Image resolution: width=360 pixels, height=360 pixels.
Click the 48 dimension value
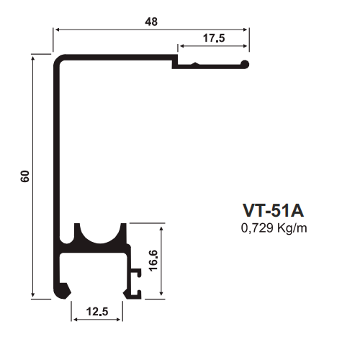(x=151, y=22)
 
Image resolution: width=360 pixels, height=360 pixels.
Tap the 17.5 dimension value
(x=214, y=38)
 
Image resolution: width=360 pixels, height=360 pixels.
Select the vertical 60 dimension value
(x=25, y=176)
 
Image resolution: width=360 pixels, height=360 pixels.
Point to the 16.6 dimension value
(x=153, y=261)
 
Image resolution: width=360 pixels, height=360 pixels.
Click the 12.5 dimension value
(x=97, y=312)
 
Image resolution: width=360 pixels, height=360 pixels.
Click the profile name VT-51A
(x=274, y=210)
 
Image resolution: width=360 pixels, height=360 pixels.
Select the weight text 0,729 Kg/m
(x=274, y=228)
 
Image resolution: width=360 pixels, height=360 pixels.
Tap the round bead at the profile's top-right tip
(x=245, y=64)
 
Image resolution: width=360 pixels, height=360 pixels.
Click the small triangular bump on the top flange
(x=196, y=63)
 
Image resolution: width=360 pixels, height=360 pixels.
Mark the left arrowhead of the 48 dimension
(x=57, y=30)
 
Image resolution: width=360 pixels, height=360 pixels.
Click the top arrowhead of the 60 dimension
(x=33, y=58)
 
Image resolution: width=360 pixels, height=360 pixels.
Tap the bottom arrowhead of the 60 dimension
(x=33, y=294)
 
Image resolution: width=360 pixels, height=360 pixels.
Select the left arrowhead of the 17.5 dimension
(x=182, y=46)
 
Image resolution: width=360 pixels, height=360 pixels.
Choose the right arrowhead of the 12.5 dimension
(x=117, y=320)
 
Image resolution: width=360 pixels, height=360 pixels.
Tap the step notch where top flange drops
(x=175, y=62)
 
